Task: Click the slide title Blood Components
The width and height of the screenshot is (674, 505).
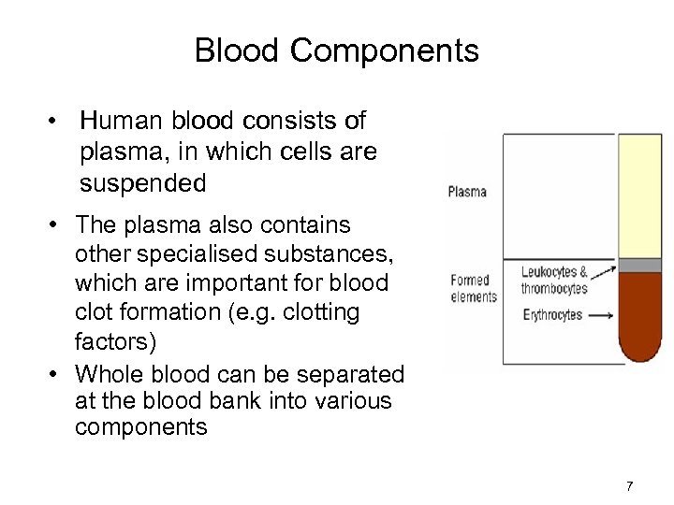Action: (336, 50)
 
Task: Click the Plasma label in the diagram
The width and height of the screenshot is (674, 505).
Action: (467, 192)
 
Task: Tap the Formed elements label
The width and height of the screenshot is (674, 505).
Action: (473, 288)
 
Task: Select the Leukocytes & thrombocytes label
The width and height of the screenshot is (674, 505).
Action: (554, 281)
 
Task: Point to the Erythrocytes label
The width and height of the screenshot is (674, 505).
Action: (553, 314)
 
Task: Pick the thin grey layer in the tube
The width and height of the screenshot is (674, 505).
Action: (639, 266)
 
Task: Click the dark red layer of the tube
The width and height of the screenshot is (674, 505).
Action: (639, 318)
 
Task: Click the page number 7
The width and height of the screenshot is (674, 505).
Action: (629, 485)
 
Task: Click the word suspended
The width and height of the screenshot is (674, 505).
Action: (142, 183)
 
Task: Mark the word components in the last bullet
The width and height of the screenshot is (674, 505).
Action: (139, 427)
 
